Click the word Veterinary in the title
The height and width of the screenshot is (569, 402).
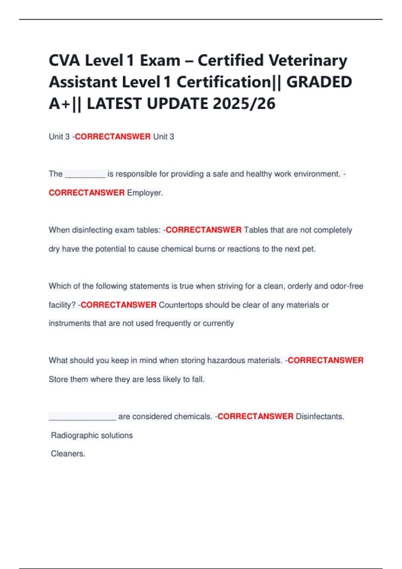(x=308, y=61)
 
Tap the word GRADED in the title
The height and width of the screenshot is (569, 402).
(x=319, y=82)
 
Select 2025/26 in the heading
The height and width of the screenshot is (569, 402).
(x=244, y=103)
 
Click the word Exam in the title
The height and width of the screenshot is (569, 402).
(x=160, y=61)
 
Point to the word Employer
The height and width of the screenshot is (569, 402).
(x=145, y=193)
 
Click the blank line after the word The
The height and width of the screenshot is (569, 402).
(x=85, y=174)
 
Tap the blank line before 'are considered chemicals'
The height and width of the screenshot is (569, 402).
(x=82, y=417)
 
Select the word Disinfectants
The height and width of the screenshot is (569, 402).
(x=320, y=416)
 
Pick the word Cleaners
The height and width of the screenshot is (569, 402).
(x=68, y=454)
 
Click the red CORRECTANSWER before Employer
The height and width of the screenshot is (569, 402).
(x=86, y=193)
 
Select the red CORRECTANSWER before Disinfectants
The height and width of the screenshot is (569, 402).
(x=255, y=416)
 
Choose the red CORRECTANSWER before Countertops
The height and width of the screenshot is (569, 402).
(x=119, y=305)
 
